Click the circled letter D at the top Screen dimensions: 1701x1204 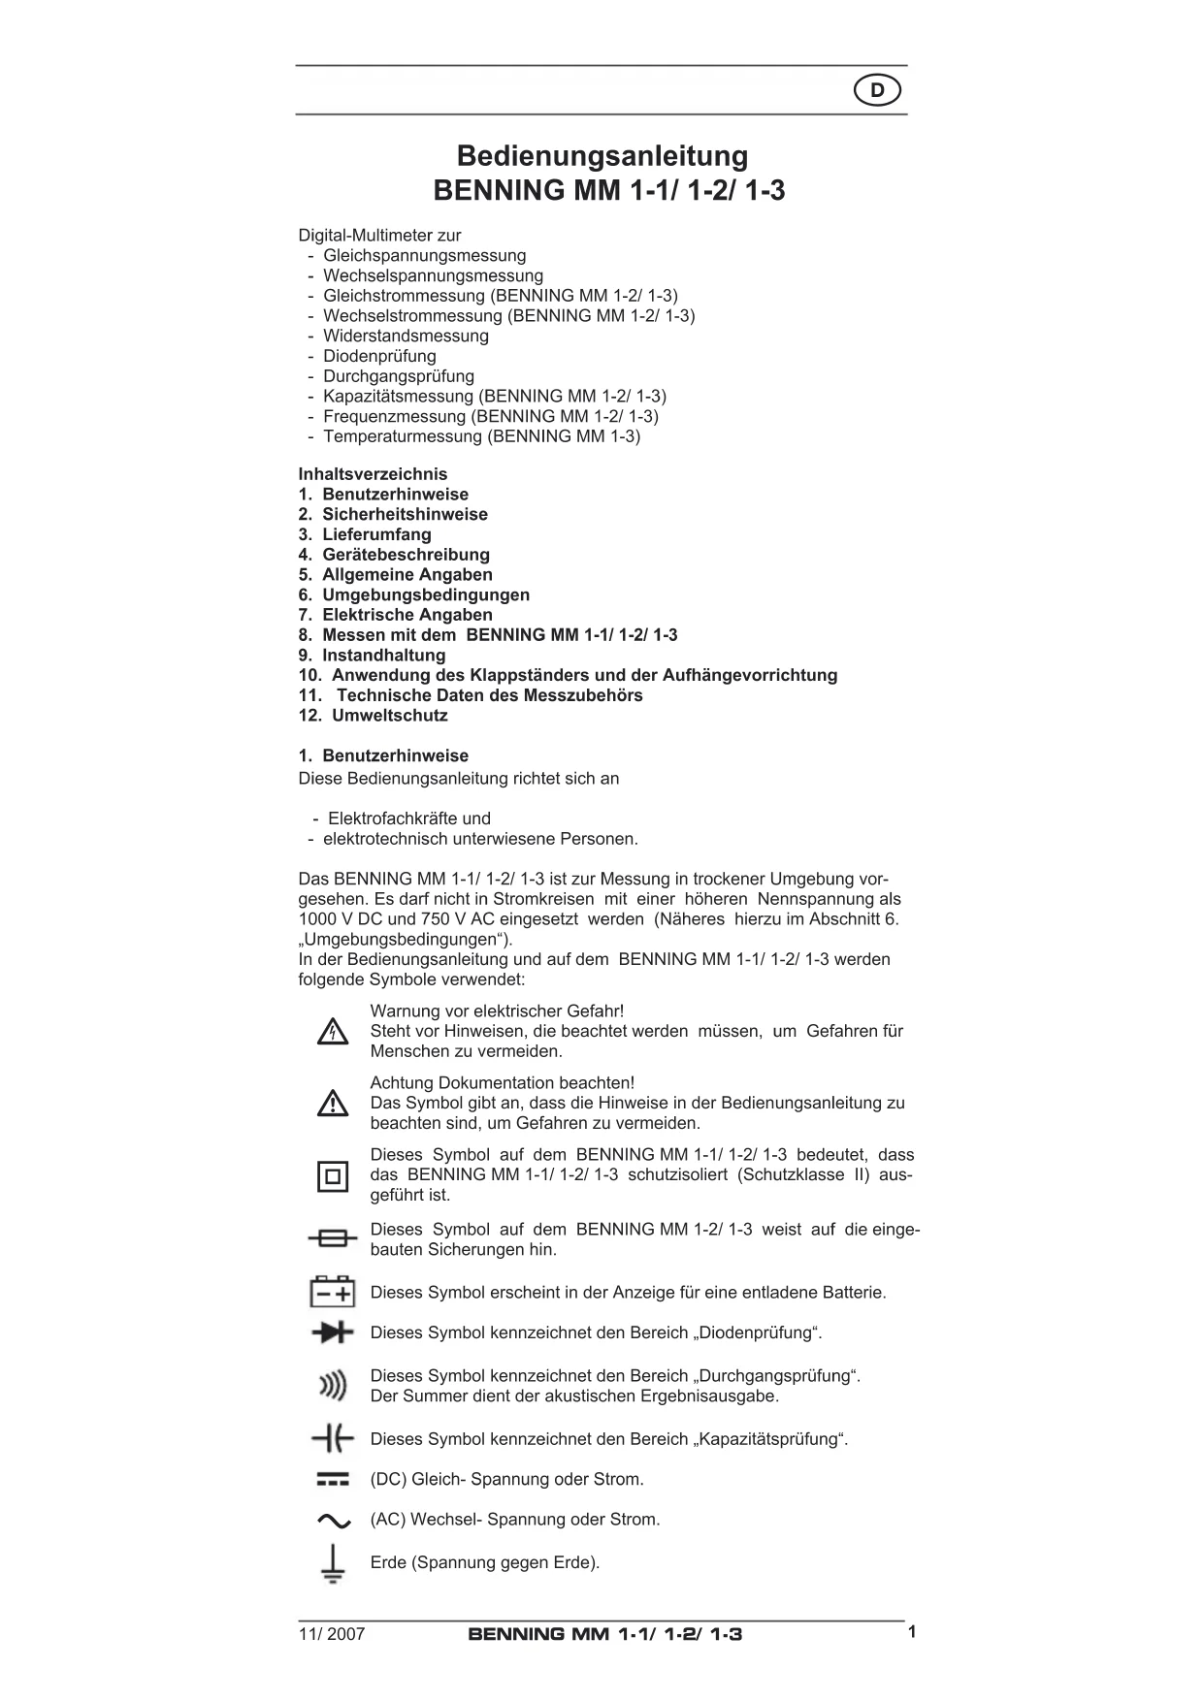877,91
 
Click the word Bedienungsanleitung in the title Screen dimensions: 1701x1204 602,156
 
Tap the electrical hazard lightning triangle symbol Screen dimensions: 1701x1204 333,1032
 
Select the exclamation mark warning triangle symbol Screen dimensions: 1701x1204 333,1104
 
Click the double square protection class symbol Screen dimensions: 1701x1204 333,1176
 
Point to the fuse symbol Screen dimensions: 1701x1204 333,1239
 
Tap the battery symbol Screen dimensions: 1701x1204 333,1292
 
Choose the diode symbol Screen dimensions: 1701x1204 333,1332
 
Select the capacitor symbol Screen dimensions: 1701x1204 333,1438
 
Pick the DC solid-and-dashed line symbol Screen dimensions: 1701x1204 333,1480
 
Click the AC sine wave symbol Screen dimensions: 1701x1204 333,1521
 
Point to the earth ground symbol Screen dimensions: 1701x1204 333,1563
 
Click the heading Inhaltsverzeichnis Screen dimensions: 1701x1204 373,474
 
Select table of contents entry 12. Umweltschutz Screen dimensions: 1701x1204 374,716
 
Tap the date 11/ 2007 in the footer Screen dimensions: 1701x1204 332,1634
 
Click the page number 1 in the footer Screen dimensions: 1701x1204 912,1632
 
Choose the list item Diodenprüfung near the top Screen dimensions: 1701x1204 379,356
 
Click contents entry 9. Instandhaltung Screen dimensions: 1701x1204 372,656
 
